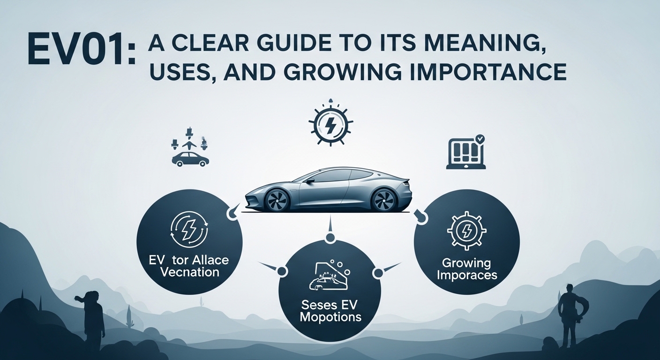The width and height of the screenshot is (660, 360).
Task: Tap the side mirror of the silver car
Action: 309,180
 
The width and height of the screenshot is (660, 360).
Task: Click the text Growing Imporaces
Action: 467,269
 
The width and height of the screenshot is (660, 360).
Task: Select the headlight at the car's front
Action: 253,191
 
